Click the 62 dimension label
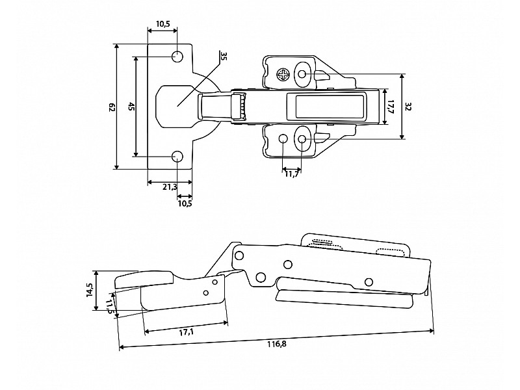coord(112,107)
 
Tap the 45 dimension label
coord(131,107)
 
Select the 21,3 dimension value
coord(170,187)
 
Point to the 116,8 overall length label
coord(277,344)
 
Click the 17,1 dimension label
coord(187,331)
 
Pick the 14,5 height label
coord(90,290)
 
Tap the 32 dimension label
coord(408,107)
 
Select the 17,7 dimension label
coord(390,107)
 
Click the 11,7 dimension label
coord(292,174)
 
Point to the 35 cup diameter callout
coord(223,56)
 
